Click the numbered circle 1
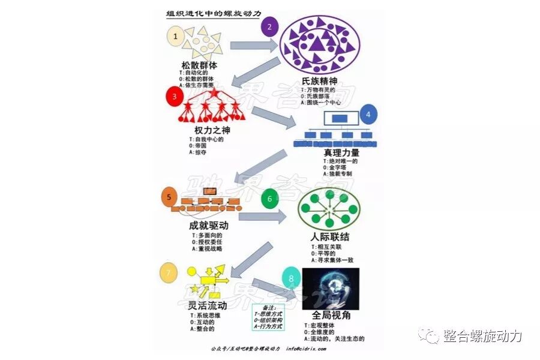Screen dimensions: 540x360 click(175, 36)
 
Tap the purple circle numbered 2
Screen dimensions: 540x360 click(270, 26)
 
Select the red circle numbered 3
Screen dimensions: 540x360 click(174, 96)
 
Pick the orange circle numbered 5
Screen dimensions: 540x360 click(170, 196)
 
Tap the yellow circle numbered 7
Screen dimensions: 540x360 click(169, 272)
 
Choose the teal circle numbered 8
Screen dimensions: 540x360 click(291, 278)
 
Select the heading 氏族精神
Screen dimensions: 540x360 click(319, 81)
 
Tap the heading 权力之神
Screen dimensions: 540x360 click(212, 130)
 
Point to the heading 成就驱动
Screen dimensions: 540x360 click(208, 227)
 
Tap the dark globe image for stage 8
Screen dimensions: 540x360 click(331, 288)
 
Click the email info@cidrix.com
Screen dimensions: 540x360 click(307, 349)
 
